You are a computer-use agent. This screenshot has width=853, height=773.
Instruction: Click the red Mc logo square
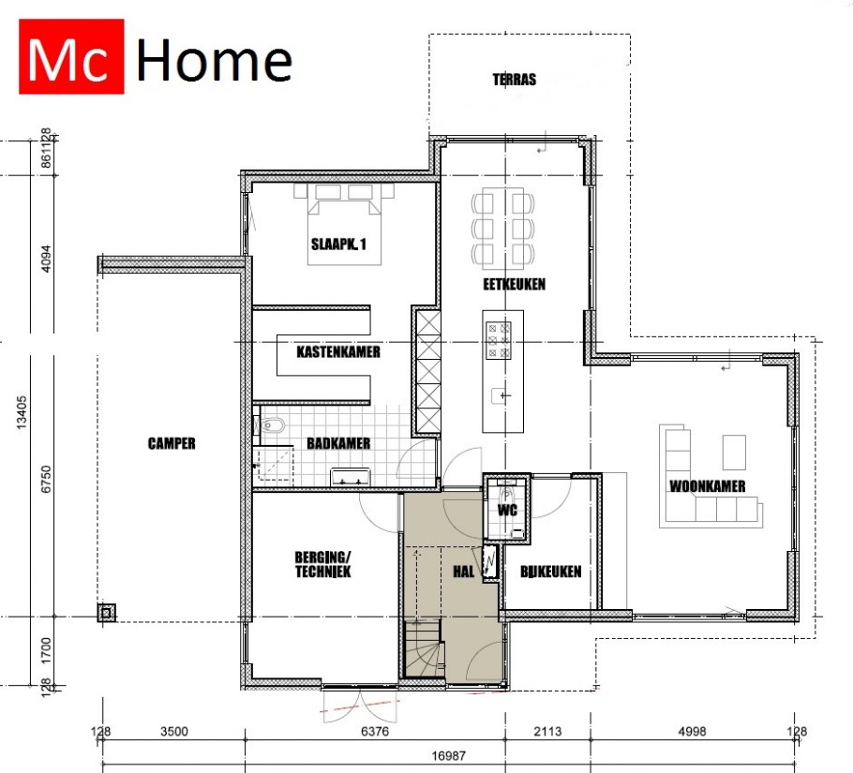point(71,56)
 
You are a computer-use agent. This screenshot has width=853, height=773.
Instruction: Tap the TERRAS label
point(514,80)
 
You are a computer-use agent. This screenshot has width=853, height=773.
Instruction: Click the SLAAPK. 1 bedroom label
point(338,244)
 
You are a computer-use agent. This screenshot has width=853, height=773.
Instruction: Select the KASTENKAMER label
point(337,351)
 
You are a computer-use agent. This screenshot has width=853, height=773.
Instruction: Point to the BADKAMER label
point(338,443)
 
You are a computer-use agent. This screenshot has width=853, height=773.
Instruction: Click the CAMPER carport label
point(172,443)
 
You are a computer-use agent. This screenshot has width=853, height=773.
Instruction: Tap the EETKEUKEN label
point(514,284)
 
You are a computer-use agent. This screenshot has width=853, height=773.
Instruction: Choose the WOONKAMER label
point(707,486)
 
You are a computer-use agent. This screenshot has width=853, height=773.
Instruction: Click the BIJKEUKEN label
point(550,572)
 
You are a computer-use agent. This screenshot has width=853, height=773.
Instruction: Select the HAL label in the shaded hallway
point(463,572)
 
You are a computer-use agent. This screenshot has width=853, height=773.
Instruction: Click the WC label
point(507,510)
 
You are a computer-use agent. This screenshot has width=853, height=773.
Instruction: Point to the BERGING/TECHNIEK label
point(322,564)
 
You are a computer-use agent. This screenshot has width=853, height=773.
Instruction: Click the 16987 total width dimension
point(448,755)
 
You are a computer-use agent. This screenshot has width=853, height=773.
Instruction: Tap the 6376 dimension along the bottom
point(375,731)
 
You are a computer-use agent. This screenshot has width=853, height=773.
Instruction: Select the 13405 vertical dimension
point(22,412)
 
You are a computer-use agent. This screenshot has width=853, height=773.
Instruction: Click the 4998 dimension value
point(692,731)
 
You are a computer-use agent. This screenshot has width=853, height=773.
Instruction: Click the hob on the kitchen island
point(499,341)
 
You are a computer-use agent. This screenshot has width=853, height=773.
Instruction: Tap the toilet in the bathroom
point(270,425)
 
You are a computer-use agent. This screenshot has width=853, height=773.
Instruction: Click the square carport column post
point(107,613)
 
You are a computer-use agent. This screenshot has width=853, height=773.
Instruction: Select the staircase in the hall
point(423,649)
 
